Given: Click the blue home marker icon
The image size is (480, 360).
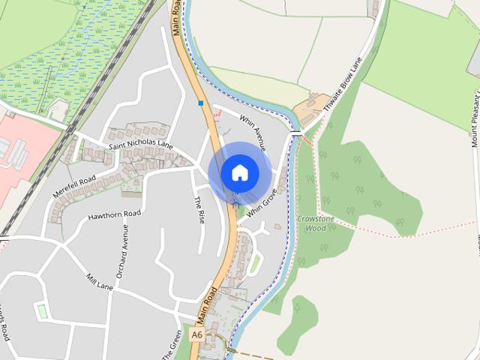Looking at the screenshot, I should [239, 172].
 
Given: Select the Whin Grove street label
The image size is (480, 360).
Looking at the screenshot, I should [262, 202].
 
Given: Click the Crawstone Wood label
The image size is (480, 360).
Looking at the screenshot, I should [316, 223].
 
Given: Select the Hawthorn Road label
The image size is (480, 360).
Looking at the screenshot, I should [115, 214].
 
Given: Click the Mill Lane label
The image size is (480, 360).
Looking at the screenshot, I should [100, 281].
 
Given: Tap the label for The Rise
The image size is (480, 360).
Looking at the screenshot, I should [199, 210].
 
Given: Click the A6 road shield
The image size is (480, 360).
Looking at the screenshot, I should [196, 334].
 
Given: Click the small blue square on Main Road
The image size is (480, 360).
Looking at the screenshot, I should [200, 103].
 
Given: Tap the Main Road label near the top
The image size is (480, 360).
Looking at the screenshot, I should [177, 16].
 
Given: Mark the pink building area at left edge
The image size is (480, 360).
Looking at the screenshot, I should [22, 150].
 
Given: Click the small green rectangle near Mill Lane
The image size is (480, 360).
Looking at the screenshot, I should [41, 310].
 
